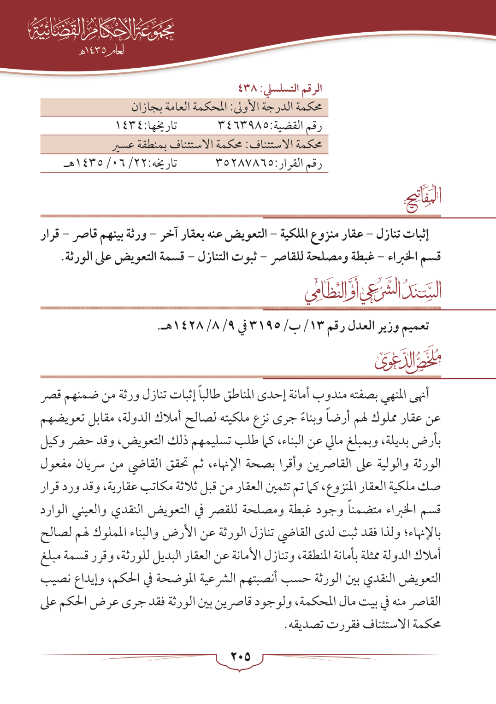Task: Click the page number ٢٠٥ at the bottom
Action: pyautogui.click(x=240, y=657)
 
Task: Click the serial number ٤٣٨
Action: pyautogui.click(x=248, y=88)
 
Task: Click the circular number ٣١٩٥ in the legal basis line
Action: pyautogui.click(x=265, y=326)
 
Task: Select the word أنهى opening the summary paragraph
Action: pyautogui.click(x=419, y=395)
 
